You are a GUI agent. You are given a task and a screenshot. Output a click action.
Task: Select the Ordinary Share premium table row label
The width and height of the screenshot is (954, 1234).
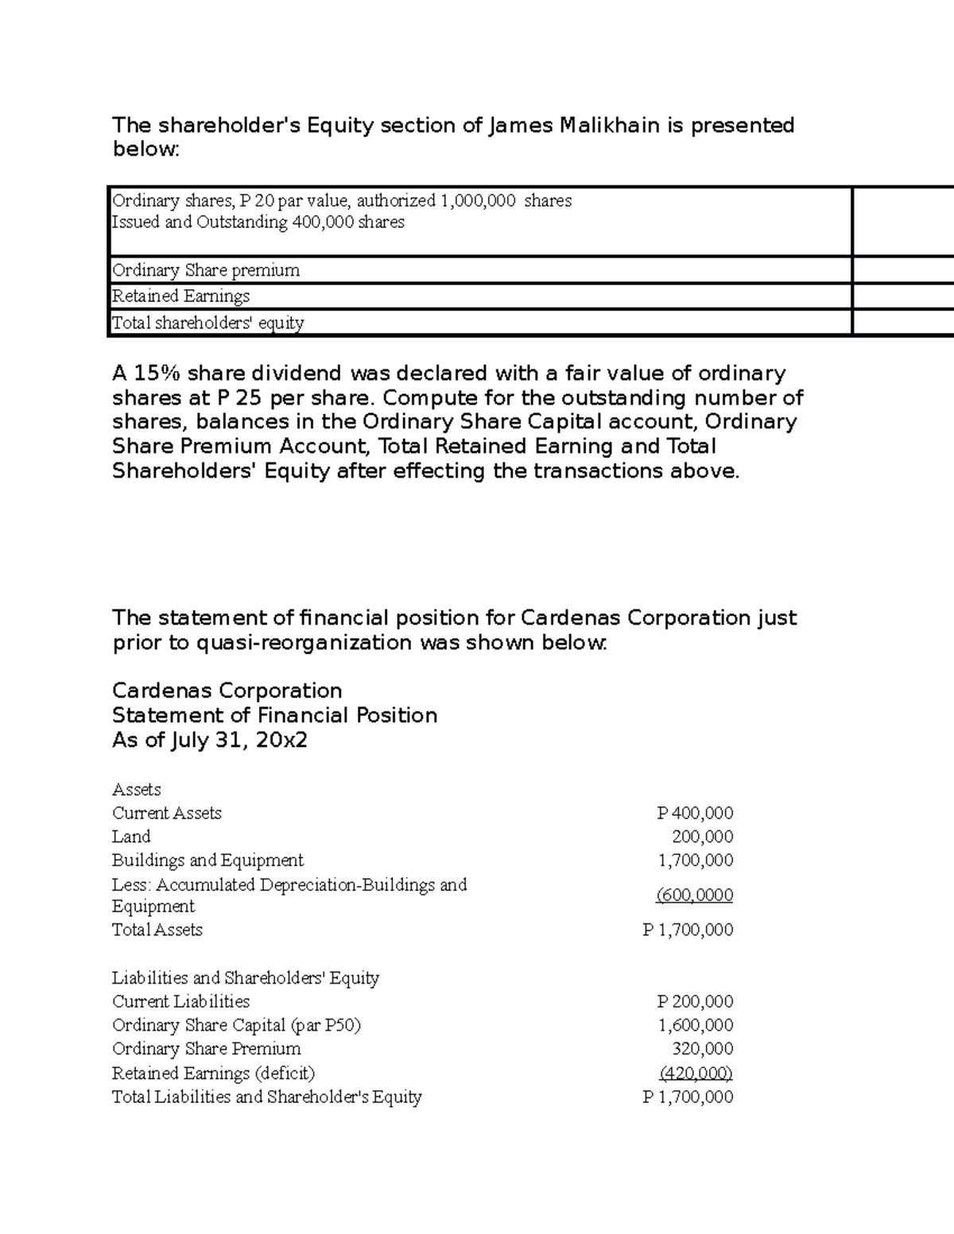coord(206,270)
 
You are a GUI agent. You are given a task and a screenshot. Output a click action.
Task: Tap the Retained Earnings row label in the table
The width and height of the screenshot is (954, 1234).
coord(181,296)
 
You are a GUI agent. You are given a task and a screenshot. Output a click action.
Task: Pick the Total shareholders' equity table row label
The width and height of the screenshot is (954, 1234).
coord(208,323)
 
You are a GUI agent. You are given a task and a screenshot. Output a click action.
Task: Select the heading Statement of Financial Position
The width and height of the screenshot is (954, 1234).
coord(275,716)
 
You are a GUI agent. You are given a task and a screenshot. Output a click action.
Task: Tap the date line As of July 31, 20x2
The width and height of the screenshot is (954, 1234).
coord(210,741)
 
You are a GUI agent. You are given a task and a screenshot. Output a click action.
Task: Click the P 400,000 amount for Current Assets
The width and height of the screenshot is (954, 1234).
coord(695,813)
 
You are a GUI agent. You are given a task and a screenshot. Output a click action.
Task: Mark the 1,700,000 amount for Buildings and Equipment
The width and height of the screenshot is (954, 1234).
coord(696,861)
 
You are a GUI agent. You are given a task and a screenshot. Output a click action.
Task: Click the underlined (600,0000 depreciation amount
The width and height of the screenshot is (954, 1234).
coord(695,896)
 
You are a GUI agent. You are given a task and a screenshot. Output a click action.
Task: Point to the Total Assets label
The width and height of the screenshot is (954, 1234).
coord(157,930)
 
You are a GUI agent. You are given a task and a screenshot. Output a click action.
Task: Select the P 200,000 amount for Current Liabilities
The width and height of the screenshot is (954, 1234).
coord(695,1001)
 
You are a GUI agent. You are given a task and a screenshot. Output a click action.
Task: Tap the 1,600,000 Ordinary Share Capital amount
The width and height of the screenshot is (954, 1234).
coord(696,1025)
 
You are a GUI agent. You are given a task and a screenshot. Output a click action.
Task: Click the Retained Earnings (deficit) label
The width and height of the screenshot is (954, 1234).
coord(214,1073)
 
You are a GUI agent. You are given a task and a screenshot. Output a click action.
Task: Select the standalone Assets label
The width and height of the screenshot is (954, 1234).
coord(137,789)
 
